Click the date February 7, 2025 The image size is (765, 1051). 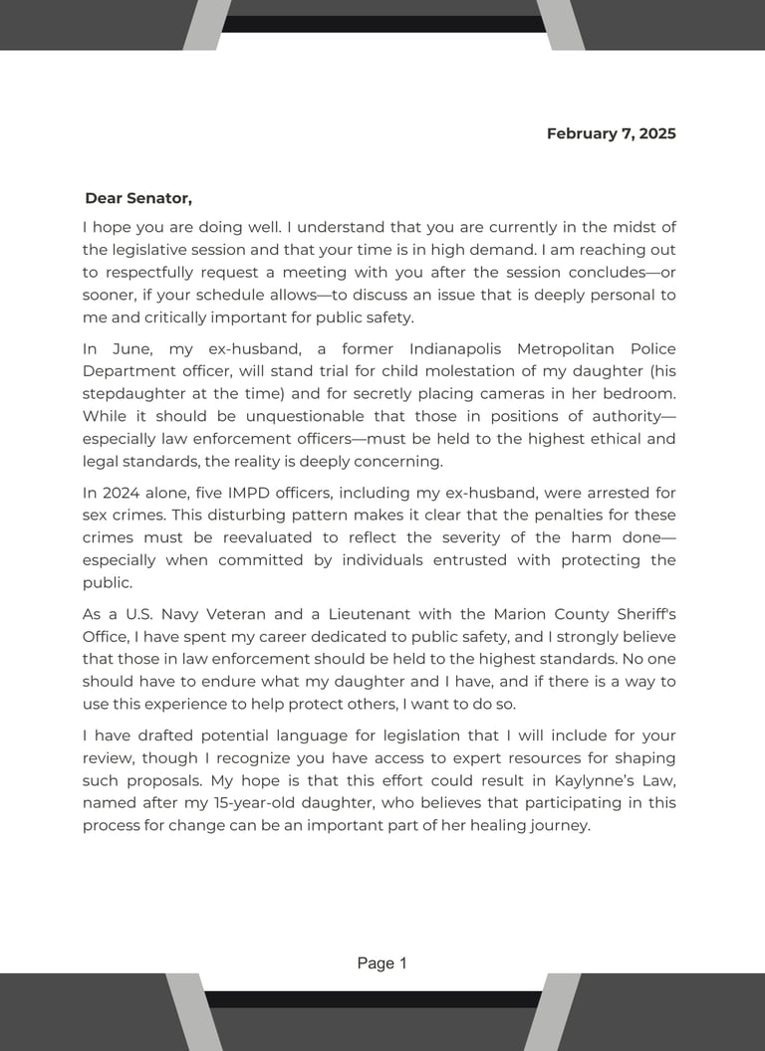click(611, 133)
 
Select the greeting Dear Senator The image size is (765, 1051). click(138, 198)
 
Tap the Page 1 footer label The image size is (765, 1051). click(382, 963)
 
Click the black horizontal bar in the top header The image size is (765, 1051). click(383, 24)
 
